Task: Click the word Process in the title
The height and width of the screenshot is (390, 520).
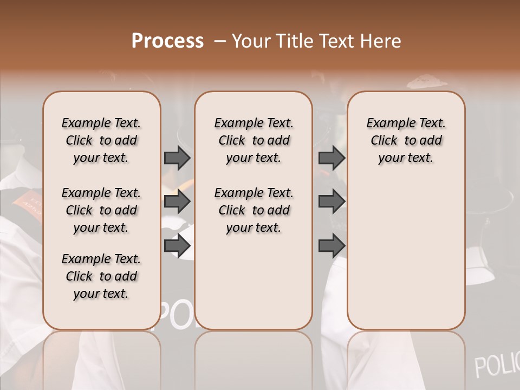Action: tap(167, 41)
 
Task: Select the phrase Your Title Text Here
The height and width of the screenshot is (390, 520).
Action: tap(316, 41)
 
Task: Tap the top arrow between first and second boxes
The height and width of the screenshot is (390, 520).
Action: tap(177, 158)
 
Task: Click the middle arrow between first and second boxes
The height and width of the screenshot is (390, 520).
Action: tap(177, 201)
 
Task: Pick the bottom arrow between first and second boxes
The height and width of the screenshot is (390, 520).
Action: tap(177, 245)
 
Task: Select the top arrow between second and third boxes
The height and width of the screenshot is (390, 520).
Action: tap(331, 158)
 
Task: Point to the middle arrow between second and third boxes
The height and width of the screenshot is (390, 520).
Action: tap(331, 201)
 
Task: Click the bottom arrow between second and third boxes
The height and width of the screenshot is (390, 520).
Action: tap(331, 245)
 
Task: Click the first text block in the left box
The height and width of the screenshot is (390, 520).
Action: tap(101, 140)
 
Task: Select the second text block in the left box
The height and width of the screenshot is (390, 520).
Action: tap(101, 210)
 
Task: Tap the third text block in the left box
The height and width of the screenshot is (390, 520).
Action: tap(101, 276)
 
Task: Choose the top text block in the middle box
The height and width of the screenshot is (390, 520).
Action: tap(253, 140)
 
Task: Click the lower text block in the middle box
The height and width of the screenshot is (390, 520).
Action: tap(253, 210)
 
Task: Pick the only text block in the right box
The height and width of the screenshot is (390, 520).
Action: tap(406, 140)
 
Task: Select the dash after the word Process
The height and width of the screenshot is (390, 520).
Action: tap(219, 41)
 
